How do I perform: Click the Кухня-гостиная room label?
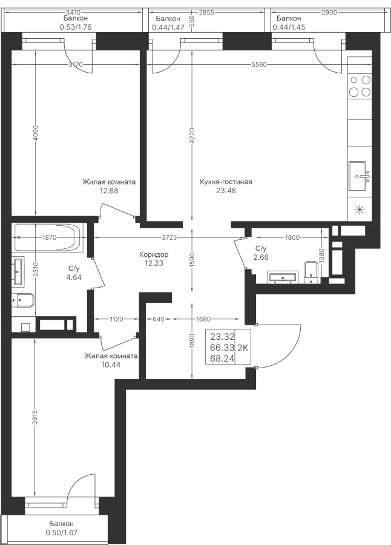[226, 182]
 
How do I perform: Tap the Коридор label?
[154, 254]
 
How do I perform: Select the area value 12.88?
[109, 191]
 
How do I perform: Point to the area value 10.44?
[111, 365]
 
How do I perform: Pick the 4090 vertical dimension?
[36, 132]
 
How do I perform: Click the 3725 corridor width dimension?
[169, 238]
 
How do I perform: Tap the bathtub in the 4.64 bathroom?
[49, 238]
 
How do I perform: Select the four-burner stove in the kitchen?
[360, 86]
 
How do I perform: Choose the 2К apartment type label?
[243, 348]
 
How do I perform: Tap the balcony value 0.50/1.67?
[61, 532]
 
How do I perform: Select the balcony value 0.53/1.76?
[76, 27]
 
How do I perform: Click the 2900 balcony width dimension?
[329, 13]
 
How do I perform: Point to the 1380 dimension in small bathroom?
[321, 257]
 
